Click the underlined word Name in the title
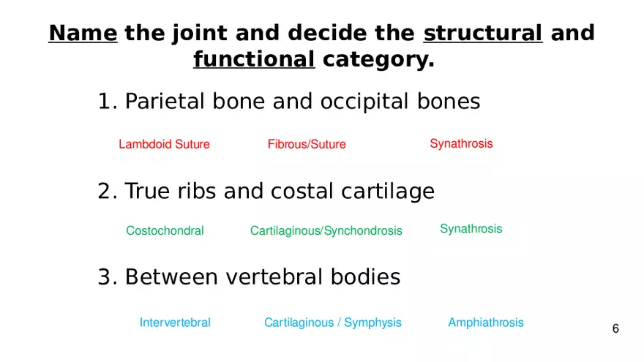tap(83, 33)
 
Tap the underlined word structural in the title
tap(483, 33)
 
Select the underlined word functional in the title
tap(254, 59)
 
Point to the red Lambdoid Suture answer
tap(164, 144)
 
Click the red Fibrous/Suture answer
tap(307, 144)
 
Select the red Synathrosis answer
tap(461, 143)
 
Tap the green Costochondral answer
tap(165, 230)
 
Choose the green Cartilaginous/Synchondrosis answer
tap(326, 230)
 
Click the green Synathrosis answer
tap(471, 229)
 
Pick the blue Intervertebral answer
tap(175, 323)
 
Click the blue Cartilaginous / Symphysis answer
tap(333, 323)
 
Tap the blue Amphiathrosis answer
tap(486, 323)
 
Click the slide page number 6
tap(615, 328)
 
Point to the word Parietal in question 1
tap(165, 102)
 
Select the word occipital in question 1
tap(364, 102)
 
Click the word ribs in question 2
tap(197, 192)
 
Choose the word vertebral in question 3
tap(274, 276)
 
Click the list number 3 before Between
tap(105, 277)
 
